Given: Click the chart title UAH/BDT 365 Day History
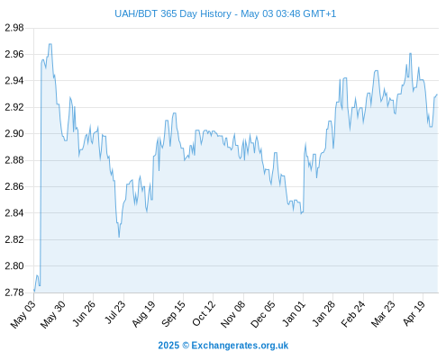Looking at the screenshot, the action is (x=173, y=13).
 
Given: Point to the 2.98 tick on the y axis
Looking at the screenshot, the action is (x=14, y=28).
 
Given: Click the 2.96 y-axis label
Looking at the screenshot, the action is (x=14, y=54).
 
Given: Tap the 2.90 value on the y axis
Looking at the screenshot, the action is (x=14, y=133).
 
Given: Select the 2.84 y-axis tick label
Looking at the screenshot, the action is (x=14, y=213).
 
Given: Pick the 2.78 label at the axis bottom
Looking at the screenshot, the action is (x=14, y=292).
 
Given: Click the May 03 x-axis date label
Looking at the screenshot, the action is (x=23, y=314).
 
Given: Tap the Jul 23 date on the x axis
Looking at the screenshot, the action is (x=114, y=313).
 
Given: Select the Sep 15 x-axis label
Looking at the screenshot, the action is (x=173, y=313).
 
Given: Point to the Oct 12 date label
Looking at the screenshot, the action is (x=204, y=313).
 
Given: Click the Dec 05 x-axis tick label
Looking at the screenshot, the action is (x=263, y=314).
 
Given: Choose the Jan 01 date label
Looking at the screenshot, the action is (x=294, y=313).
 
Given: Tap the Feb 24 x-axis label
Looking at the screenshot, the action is (x=353, y=314).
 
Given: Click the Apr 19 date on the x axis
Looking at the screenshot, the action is (x=414, y=313).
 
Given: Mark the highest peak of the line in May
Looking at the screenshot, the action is (x=50, y=44).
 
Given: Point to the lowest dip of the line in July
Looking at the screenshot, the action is (x=119, y=237).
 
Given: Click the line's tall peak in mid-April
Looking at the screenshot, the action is (x=410, y=53).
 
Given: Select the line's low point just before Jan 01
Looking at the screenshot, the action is (x=301, y=213).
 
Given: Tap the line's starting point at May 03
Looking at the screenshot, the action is (x=34, y=291).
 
